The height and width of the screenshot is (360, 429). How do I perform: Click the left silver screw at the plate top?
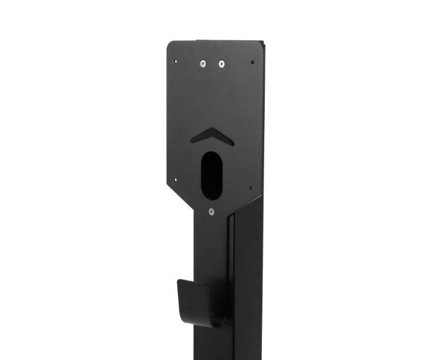203,63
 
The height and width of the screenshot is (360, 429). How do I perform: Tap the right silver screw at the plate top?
221,63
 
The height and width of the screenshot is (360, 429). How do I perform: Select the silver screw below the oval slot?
212,212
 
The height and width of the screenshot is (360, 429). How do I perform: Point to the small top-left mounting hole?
176,59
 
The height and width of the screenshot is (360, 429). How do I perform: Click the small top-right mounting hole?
252,61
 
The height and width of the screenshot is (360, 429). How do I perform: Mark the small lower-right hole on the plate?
251,188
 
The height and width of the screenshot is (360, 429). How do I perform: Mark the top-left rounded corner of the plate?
170,44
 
